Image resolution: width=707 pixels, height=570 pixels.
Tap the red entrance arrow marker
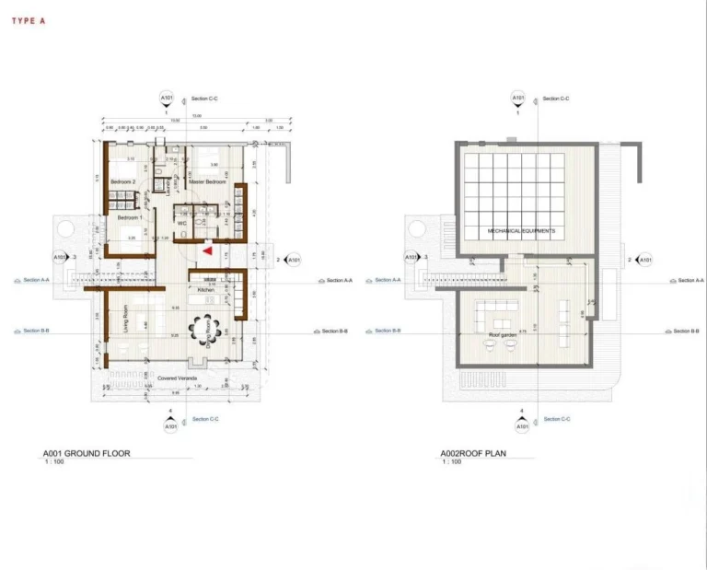coord(208,249)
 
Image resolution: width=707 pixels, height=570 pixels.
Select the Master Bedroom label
coord(208,181)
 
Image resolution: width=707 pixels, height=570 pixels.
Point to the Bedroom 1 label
coord(130,217)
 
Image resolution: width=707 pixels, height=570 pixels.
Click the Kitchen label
coord(206,290)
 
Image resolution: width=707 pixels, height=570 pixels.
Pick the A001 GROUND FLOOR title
coord(87,453)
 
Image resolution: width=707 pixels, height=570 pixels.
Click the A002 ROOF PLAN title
coord(473,453)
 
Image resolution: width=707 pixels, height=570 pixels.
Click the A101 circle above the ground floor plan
coord(167,99)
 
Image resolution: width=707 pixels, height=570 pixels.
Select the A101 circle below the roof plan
coord(521,426)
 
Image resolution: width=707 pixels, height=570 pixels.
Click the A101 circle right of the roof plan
coord(645,261)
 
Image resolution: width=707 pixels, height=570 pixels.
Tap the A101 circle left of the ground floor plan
coord(61,258)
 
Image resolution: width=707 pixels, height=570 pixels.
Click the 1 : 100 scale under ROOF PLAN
coord(452,461)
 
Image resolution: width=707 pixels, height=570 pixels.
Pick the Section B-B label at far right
coord(686,331)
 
